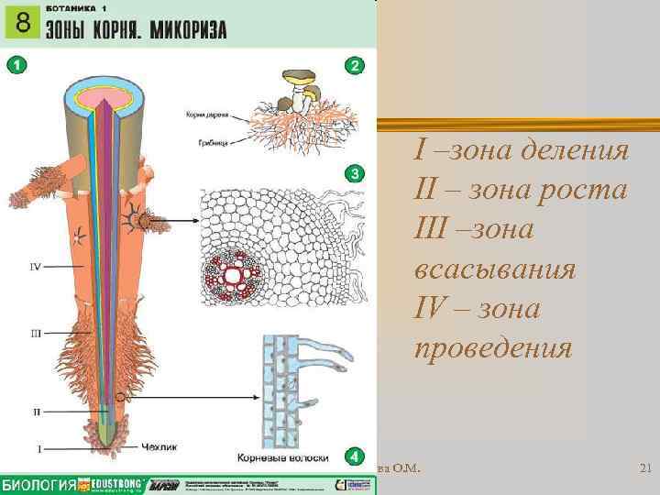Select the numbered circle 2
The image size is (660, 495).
click(x=356, y=65)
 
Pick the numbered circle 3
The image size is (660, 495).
click(x=356, y=173)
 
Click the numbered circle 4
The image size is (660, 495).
click(x=356, y=455)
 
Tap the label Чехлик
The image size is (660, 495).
click(x=157, y=448)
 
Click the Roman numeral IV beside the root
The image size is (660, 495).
click(x=35, y=267)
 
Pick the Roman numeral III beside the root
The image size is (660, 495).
click(x=35, y=335)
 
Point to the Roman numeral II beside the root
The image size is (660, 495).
click(x=37, y=412)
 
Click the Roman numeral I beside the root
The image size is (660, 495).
click(x=38, y=448)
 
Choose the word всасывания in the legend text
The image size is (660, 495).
click(x=495, y=270)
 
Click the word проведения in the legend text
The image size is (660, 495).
click(x=493, y=349)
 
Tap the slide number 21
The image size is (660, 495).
click(x=643, y=469)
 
